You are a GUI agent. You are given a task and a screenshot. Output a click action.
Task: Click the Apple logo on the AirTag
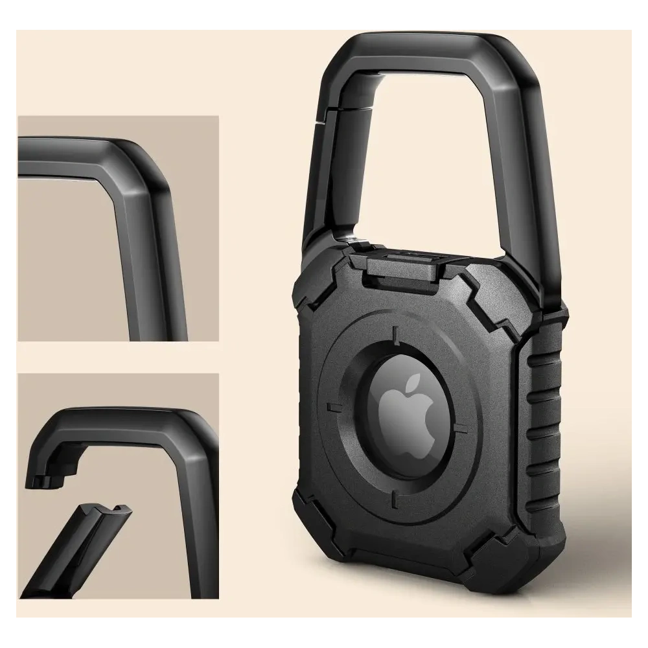[x=407, y=413]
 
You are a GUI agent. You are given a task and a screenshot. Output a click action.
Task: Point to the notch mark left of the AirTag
[x=335, y=407]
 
